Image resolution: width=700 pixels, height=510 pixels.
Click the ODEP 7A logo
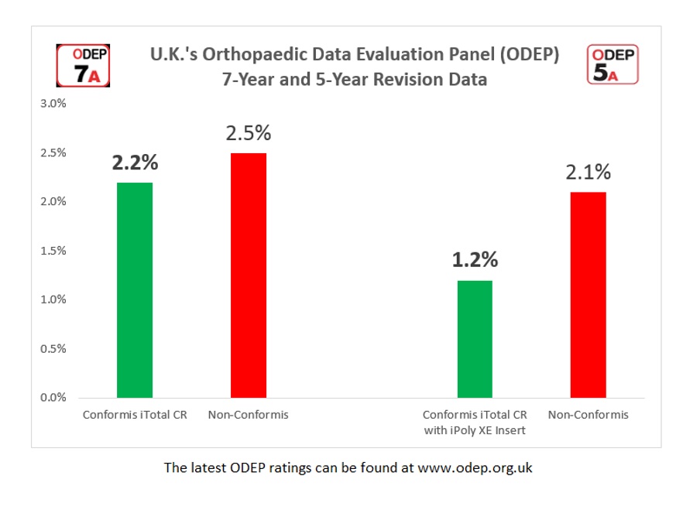pyautogui.click(x=83, y=65)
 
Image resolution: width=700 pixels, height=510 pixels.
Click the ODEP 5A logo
pyautogui.click(x=612, y=64)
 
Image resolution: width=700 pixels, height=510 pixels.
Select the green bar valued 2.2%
pyautogui.click(x=135, y=290)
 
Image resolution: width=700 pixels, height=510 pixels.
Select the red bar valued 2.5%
pyautogui.click(x=249, y=276)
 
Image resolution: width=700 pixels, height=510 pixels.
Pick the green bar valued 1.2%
pyautogui.click(x=475, y=339)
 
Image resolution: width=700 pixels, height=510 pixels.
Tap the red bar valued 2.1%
pyautogui.click(x=588, y=295)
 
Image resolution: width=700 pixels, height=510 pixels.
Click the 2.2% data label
pyautogui.click(x=135, y=163)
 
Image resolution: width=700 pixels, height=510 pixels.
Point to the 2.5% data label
pyautogui.click(x=249, y=133)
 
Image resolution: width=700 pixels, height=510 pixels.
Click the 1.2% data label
pyautogui.click(x=475, y=260)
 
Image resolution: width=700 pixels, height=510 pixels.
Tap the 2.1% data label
pyautogui.click(x=588, y=172)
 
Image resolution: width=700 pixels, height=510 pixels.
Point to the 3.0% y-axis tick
pyautogui.click(x=53, y=104)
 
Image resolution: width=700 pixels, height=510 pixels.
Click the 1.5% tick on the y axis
pyautogui.click(x=53, y=251)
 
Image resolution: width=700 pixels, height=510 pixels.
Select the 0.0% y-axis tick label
pyautogui.click(x=53, y=398)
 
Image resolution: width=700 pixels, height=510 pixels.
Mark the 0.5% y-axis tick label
pyautogui.click(x=53, y=349)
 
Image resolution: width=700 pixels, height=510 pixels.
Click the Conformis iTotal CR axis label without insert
pyautogui.click(x=135, y=415)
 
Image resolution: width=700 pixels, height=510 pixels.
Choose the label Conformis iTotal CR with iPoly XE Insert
pyautogui.click(x=475, y=423)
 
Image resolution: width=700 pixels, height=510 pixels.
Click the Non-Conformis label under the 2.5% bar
pyautogui.click(x=248, y=415)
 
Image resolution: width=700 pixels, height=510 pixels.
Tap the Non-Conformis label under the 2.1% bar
pyautogui.click(x=588, y=415)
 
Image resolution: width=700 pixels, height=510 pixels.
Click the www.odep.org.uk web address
pyautogui.click(x=475, y=468)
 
